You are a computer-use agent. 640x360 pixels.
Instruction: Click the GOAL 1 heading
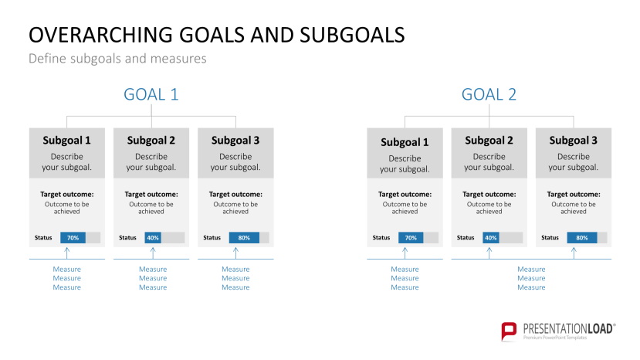pos(151,94)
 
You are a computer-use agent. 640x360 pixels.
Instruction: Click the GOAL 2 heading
pos(489,94)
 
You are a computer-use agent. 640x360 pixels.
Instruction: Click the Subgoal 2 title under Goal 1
pos(151,141)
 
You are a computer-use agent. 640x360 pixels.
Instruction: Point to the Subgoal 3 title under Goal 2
pos(573,141)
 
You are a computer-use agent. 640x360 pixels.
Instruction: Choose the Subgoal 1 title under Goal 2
pos(405,142)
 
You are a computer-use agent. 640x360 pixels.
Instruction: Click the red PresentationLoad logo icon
pos(509,331)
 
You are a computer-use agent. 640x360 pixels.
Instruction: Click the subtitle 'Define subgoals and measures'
pos(117,59)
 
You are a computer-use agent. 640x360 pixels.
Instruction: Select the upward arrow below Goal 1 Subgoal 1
pos(67,253)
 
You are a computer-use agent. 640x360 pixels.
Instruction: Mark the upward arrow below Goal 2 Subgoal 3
pos(573,253)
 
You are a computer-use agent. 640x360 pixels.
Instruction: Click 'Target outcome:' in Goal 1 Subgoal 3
pos(235,194)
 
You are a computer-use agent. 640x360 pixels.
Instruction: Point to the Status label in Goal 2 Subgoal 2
pos(466,237)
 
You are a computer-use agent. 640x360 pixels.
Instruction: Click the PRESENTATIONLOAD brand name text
pos(568,328)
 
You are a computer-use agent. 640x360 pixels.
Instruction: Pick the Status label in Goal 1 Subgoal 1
pos(43,237)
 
